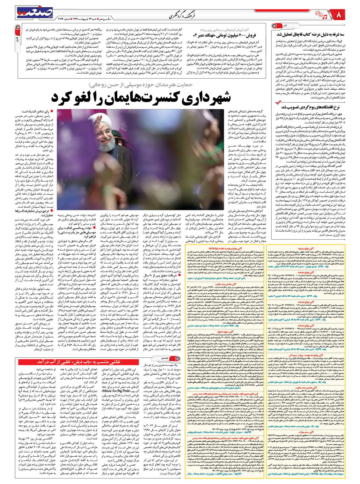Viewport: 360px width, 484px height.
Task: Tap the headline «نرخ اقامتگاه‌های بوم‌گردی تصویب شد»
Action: [x=310, y=107]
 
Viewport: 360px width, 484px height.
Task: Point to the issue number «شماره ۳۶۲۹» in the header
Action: [x=64, y=18]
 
